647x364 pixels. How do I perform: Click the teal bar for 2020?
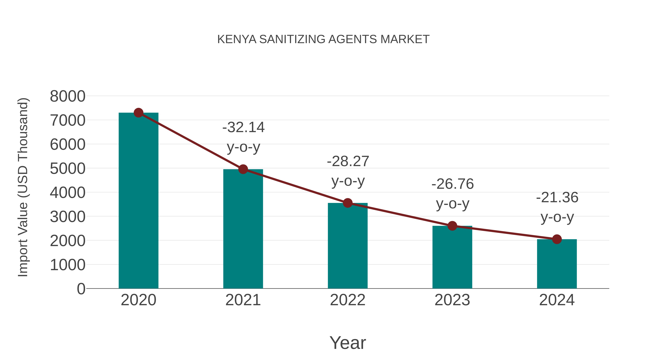[138, 201]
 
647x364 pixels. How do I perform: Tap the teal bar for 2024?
[557, 264]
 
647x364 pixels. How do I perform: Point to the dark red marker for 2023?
[452, 226]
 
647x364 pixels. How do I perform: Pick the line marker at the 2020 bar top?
[138, 113]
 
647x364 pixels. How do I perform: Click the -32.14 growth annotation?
[243, 127]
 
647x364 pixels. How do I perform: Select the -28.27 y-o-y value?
[348, 161]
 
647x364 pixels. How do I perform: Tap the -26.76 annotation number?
[453, 184]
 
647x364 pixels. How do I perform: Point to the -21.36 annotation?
[557, 197]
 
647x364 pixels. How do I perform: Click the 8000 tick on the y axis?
[68, 96]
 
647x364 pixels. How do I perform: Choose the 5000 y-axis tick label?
[68, 169]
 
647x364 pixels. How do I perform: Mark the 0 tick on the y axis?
[81, 289]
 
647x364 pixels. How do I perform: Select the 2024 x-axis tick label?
[557, 300]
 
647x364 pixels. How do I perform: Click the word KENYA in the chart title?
[237, 39]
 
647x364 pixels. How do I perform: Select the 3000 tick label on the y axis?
[68, 217]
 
